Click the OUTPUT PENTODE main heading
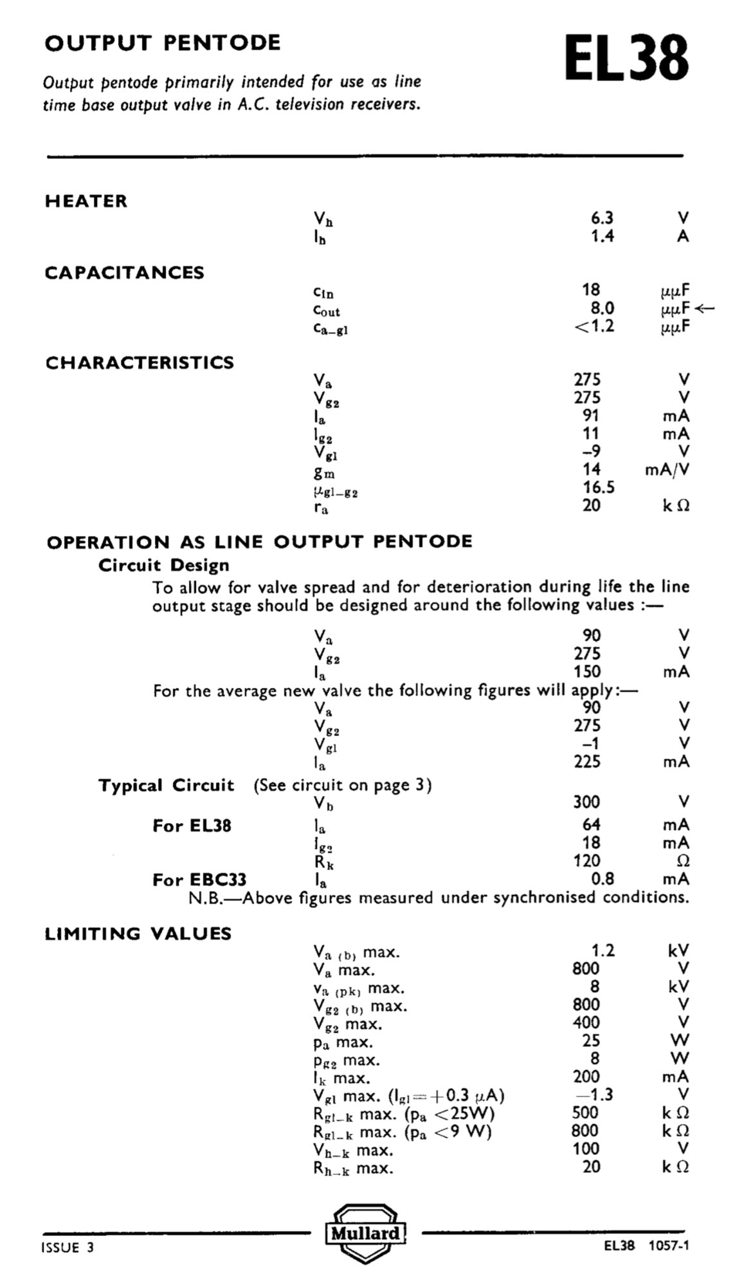(163, 43)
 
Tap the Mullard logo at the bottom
(365, 1233)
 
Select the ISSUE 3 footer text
(68, 1248)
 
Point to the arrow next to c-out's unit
(705, 308)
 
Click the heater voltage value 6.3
(602, 218)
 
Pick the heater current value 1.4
(602, 236)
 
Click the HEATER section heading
(86, 201)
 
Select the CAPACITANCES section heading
(124, 273)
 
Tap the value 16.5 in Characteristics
(599, 487)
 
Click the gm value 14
(592, 469)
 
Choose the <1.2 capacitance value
(594, 326)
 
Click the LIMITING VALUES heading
(138, 934)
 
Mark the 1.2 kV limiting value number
(602, 950)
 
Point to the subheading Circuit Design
(164, 566)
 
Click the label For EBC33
(199, 880)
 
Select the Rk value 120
(587, 861)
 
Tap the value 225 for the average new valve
(587, 762)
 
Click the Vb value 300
(586, 802)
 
